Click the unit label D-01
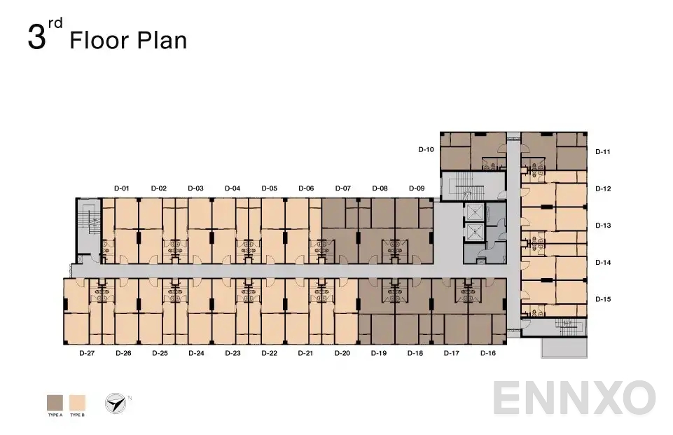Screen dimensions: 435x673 tap(122, 188)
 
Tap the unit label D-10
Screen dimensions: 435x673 tap(426, 149)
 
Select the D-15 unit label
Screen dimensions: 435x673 tap(603, 299)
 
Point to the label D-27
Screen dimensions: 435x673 tap(86, 353)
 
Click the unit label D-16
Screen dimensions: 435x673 tap(488, 353)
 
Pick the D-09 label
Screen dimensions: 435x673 tap(417, 188)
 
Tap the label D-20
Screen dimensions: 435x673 tap(342, 353)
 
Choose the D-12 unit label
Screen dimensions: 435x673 tap(603, 188)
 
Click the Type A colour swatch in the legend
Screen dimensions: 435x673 tap(55, 403)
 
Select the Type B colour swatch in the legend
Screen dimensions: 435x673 tap(77, 403)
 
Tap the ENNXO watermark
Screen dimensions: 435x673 tap(574, 399)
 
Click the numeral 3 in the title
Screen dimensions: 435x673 tap(36, 38)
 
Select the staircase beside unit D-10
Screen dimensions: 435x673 tap(463, 186)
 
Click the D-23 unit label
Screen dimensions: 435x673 tap(233, 353)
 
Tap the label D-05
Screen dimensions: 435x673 tap(269, 188)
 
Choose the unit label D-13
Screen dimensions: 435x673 tap(603, 226)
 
